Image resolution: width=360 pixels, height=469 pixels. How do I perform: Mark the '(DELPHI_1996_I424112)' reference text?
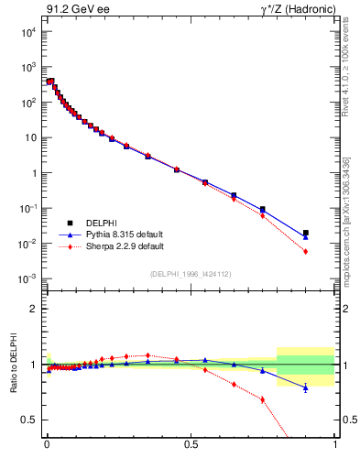(x=191, y=274)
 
